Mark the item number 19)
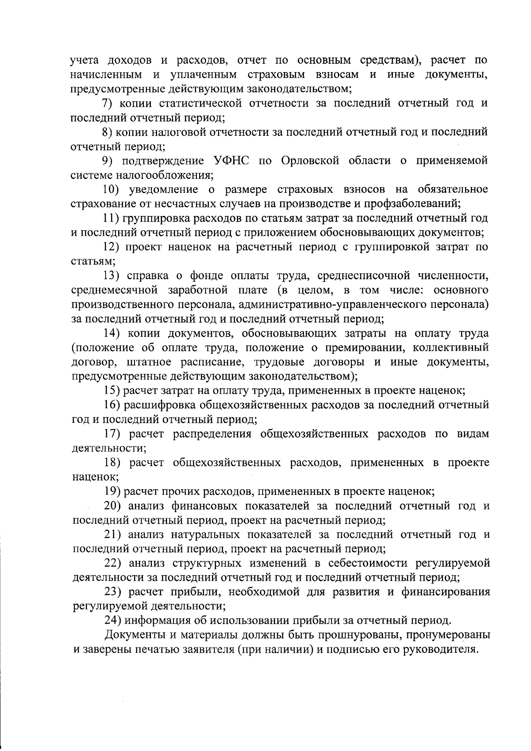112,491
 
